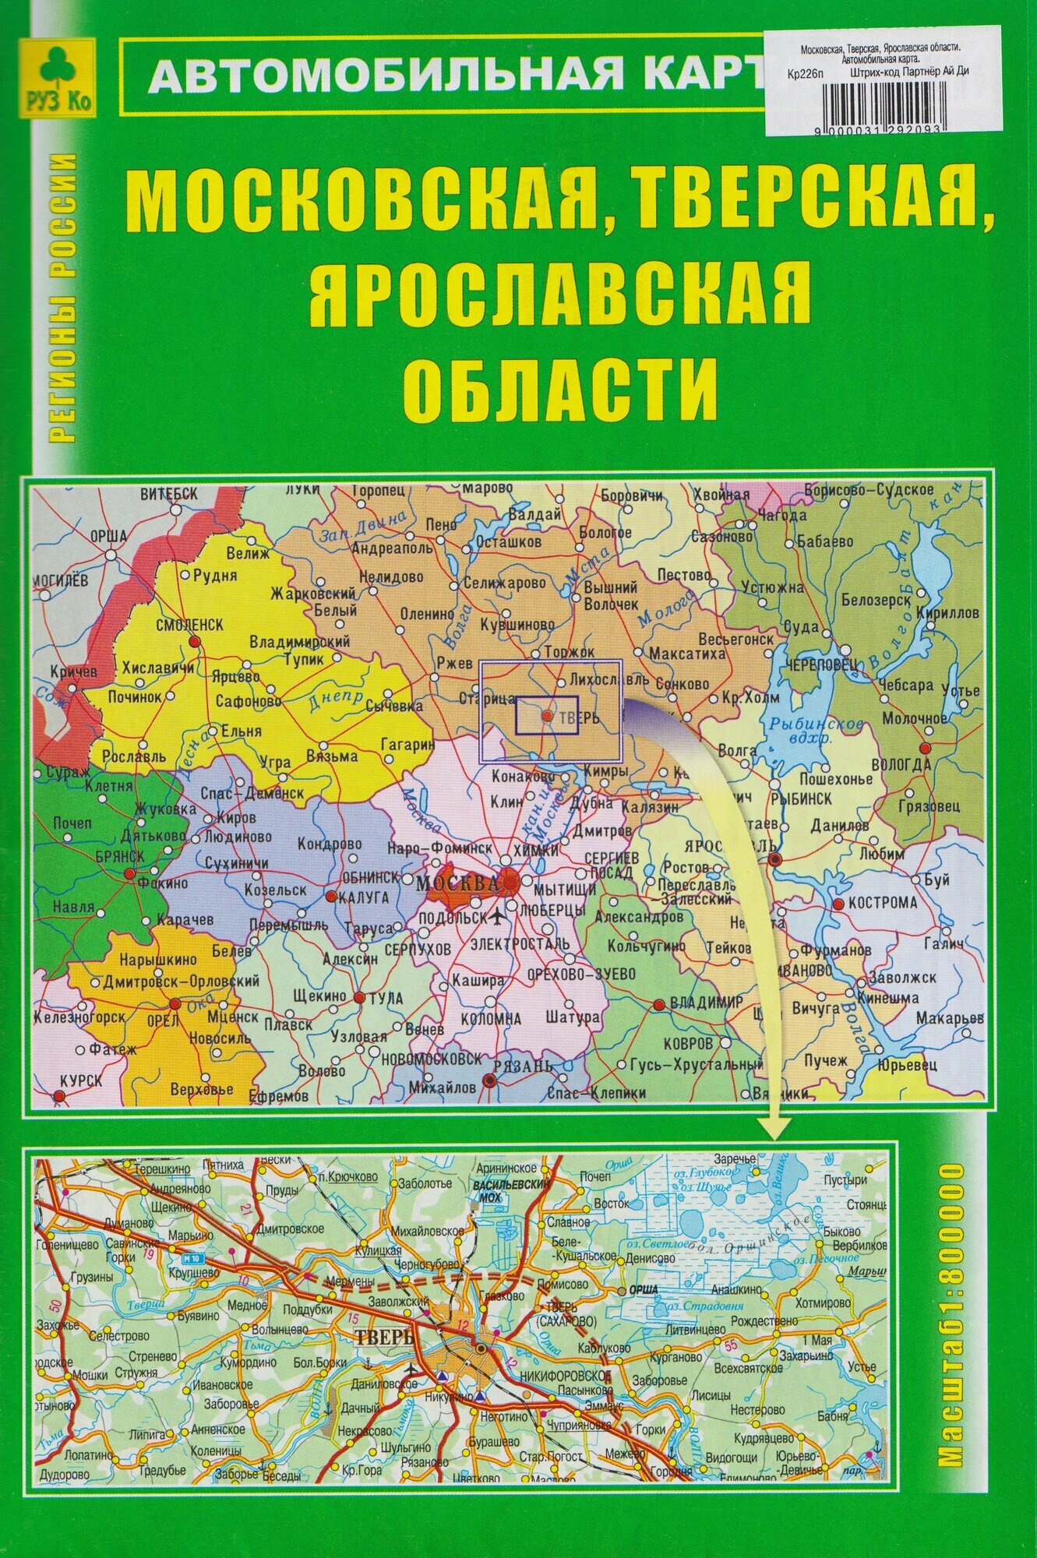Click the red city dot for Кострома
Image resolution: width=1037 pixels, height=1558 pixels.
pos(838,904)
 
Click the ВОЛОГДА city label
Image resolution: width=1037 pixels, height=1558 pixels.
pos(925,765)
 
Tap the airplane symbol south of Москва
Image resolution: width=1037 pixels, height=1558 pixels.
pos(497,915)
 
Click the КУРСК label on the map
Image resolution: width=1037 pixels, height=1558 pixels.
pos(80,1080)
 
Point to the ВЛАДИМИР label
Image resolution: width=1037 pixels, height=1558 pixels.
pos(709,1003)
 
